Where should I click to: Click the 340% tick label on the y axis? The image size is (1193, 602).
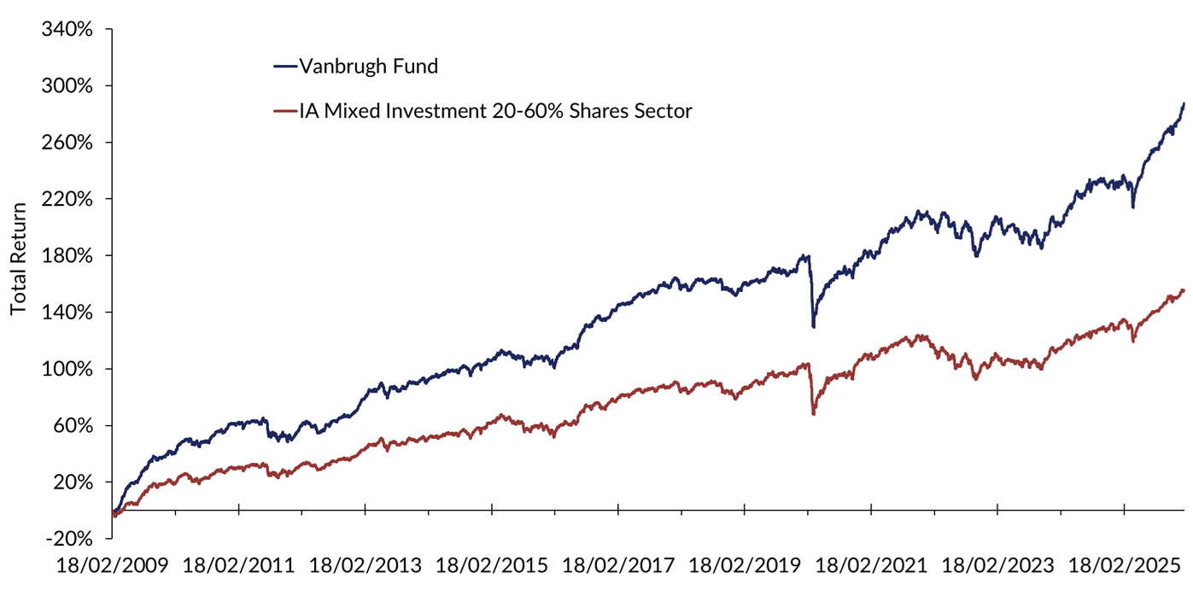(67, 30)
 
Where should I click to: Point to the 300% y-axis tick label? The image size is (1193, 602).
(67, 86)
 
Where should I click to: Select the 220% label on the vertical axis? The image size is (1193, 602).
(67, 200)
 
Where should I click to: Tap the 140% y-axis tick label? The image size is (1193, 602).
(67, 313)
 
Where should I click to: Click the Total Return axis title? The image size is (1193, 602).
(18, 259)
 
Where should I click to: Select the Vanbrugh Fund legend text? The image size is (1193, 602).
(368, 67)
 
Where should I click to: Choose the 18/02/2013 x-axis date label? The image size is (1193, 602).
(366, 566)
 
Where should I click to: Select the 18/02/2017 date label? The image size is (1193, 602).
(618, 566)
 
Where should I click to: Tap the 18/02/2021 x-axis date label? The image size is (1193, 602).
(871, 566)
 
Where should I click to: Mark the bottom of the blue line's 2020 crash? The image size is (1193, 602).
(814, 327)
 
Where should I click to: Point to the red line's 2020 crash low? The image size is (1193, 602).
(813, 414)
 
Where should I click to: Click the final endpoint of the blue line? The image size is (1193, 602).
(1184, 103)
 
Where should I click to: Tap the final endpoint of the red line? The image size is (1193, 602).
(1184, 290)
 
